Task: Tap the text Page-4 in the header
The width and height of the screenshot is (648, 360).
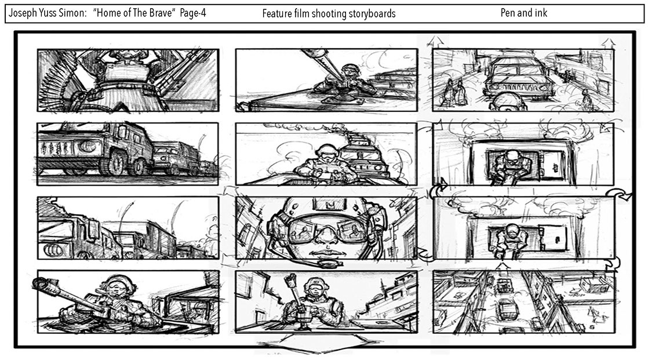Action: coord(193,13)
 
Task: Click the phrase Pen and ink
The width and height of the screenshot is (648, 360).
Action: coord(523,13)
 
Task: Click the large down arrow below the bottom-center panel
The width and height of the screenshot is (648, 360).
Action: coord(318,343)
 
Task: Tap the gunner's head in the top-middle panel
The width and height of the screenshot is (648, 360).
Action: coord(349,71)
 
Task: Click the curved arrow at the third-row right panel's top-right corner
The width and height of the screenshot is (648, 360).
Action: coord(619,195)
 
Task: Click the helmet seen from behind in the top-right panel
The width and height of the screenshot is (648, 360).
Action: coord(508,101)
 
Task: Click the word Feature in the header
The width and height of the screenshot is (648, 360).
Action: coord(277,14)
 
